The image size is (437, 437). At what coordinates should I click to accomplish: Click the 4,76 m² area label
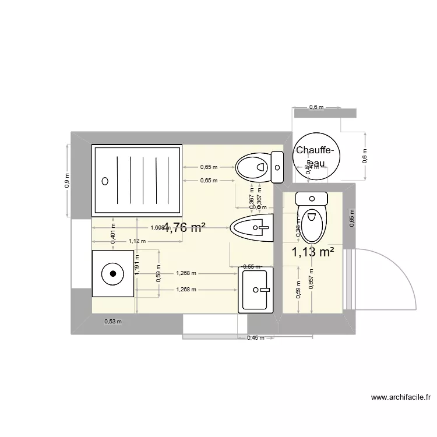pyautogui.click(x=184, y=228)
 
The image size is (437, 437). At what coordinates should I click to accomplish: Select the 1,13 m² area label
pyautogui.click(x=313, y=252)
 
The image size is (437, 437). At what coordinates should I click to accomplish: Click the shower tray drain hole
pyautogui.click(x=105, y=181)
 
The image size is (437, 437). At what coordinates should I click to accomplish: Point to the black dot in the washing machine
pyautogui.click(x=112, y=273)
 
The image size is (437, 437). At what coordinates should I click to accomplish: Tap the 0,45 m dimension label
pyautogui.click(x=255, y=338)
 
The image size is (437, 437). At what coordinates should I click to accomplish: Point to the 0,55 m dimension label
pyautogui.click(x=251, y=267)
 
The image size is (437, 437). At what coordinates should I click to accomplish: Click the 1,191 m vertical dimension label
pyautogui.click(x=137, y=264)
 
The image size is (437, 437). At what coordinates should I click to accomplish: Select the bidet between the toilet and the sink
pyautogui.click(x=252, y=229)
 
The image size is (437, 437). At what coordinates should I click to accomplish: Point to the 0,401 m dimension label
pyautogui.click(x=113, y=232)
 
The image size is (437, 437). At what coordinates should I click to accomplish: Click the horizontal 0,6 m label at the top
pyautogui.click(x=316, y=107)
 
